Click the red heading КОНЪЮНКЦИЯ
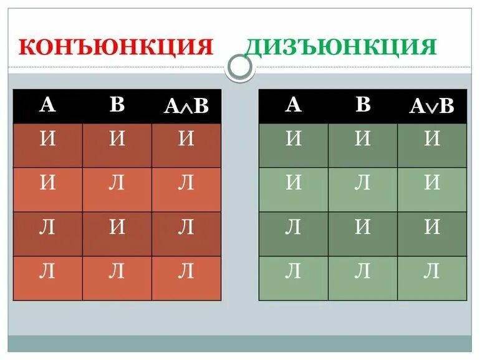(x=116, y=47)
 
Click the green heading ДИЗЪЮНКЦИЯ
(x=340, y=47)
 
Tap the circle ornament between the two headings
(x=239, y=67)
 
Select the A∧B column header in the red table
(x=186, y=106)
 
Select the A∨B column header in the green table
(x=432, y=106)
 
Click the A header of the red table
(x=47, y=105)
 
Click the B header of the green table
(x=363, y=105)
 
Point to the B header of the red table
(x=117, y=105)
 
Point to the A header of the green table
(x=294, y=105)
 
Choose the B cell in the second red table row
(x=117, y=183)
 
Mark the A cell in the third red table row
(x=47, y=227)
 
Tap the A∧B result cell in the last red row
(x=186, y=271)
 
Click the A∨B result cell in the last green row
(x=432, y=271)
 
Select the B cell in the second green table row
(x=363, y=183)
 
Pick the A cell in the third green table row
(x=294, y=227)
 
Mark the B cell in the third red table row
(x=117, y=227)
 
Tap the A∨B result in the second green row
(x=432, y=183)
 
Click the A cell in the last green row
(x=294, y=271)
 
